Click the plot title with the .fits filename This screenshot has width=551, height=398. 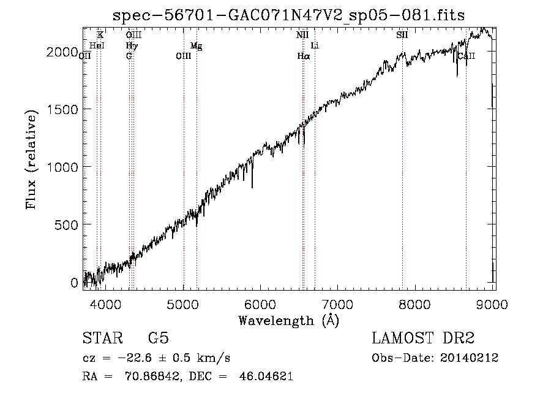pyautogui.click(x=288, y=15)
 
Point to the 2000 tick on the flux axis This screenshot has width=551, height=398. pyautogui.click(x=62, y=52)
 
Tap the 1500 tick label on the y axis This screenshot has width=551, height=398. pyautogui.click(x=62, y=109)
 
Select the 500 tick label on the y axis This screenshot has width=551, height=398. pyautogui.click(x=66, y=224)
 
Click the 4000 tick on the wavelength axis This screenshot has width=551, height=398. pyautogui.click(x=105, y=304)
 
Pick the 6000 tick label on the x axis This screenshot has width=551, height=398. pyautogui.click(x=260, y=304)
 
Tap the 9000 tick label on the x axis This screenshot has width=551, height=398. pyautogui.click(x=492, y=304)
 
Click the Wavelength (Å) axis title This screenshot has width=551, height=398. pyautogui.click(x=289, y=321)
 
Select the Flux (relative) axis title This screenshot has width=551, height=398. pyautogui.click(x=31, y=159)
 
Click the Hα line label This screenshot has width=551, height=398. pyautogui.click(x=304, y=56)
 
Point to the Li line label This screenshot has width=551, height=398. pyautogui.click(x=315, y=45)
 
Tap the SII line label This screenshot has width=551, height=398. pyautogui.click(x=402, y=35)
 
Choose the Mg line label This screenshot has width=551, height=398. pyautogui.click(x=196, y=46)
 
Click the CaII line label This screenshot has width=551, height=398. pyautogui.click(x=467, y=56)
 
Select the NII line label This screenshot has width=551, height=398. pyautogui.click(x=302, y=35)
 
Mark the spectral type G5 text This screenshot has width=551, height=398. pyautogui.click(x=159, y=338)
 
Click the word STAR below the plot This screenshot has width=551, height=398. pyautogui.click(x=103, y=338)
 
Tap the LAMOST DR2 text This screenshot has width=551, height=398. pyautogui.click(x=423, y=338)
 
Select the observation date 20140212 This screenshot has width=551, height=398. pyautogui.click(x=469, y=358)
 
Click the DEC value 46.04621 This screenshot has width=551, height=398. pyautogui.click(x=266, y=376)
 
